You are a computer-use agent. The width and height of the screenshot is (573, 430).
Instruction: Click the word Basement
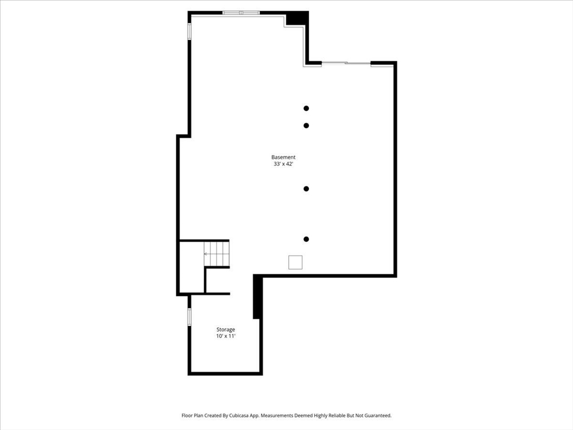click(283, 157)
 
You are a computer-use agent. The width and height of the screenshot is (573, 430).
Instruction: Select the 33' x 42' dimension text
click(283, 165)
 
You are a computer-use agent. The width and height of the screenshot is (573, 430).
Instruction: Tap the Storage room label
click(226, 329)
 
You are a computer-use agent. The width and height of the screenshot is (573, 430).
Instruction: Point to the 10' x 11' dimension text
click(226, 336)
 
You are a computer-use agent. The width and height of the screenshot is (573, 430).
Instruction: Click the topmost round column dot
click(306, 108)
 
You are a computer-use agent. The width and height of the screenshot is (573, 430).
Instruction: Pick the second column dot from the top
click(306, 125)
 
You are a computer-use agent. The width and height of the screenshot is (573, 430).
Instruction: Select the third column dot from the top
click(306, 189)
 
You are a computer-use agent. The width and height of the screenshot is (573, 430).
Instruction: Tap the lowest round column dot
click(306, 239)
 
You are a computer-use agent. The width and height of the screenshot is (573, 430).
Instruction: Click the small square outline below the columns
click(295, 262)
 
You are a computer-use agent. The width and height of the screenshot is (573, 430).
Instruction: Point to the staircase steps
click(217, 254)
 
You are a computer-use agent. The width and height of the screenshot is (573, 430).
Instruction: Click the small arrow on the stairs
click(206, 254)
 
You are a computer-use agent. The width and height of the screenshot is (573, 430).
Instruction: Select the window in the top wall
click(241, 12)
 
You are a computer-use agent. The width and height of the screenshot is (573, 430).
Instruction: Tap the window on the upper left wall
click(190, 31)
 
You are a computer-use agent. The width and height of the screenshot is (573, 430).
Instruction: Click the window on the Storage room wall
click(190, 317)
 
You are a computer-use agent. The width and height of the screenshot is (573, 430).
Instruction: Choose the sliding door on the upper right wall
click(346, 63)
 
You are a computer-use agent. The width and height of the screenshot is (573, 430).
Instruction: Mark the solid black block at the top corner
click(297, 18)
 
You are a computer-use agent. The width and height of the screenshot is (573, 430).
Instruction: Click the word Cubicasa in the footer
click(243, 416)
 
